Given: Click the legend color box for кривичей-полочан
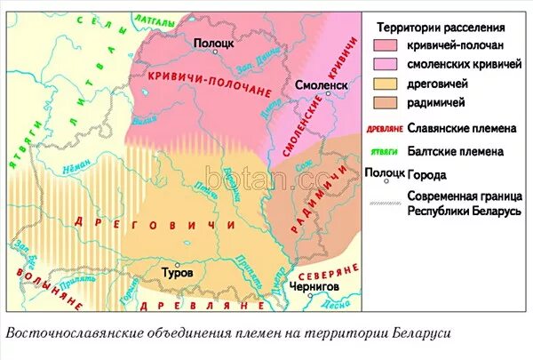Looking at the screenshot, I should [385, 45].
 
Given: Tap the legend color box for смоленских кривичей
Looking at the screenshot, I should [385, 64].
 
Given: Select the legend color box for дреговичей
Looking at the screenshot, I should [385, 83].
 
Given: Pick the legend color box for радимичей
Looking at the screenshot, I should [385, 101].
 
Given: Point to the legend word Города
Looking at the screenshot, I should [427, 174].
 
